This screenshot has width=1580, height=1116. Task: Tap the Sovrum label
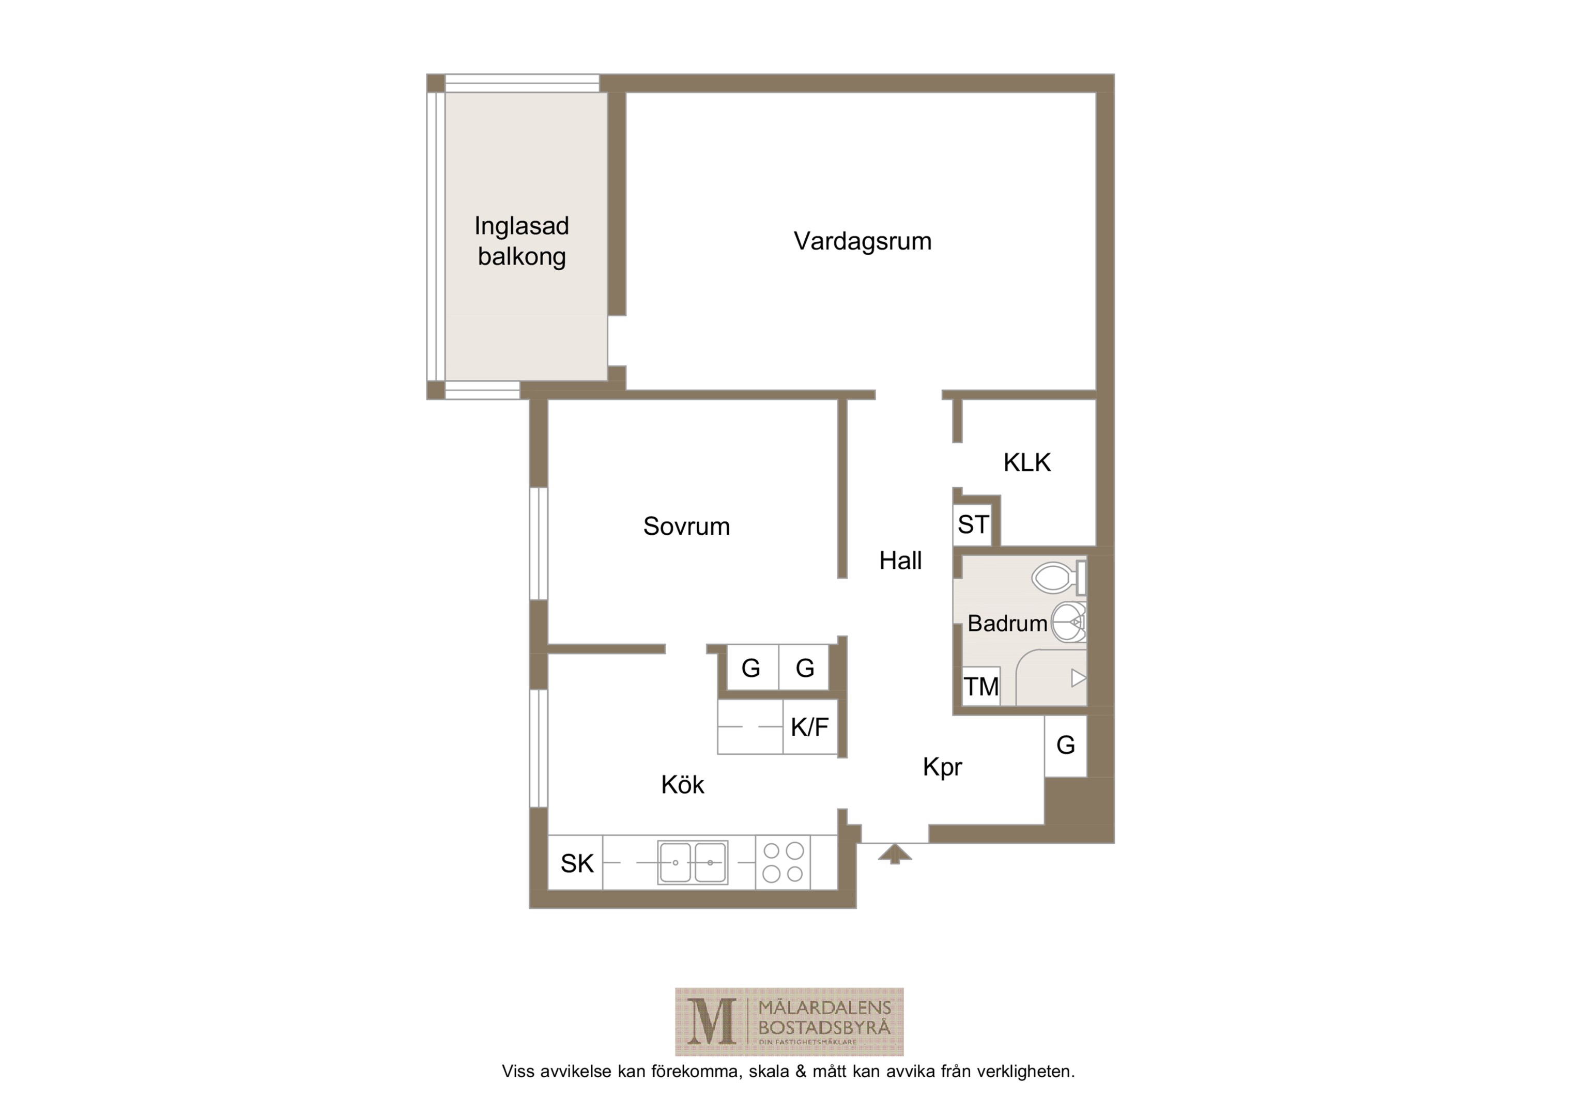(686, 526)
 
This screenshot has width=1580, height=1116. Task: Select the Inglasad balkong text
(521, 241)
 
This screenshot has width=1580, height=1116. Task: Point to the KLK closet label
(1027, 462)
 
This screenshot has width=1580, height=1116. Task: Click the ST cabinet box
(973, 525)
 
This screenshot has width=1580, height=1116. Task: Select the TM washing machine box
(980, 686)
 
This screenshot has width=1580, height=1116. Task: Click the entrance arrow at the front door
(895, 854)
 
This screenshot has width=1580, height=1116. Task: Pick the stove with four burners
(783, 862)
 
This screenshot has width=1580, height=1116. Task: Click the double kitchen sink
(692, 862)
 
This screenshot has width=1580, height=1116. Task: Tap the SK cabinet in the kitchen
(575, 863)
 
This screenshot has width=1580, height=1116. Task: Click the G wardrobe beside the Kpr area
(1065, 746)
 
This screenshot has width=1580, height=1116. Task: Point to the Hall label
(900, 561)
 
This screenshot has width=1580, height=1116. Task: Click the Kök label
(683, 784)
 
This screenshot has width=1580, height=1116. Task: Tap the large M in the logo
(712, 1022)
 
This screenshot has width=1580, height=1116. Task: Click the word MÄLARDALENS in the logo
(824, 1008)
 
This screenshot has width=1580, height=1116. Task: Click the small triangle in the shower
(1078, 678)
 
